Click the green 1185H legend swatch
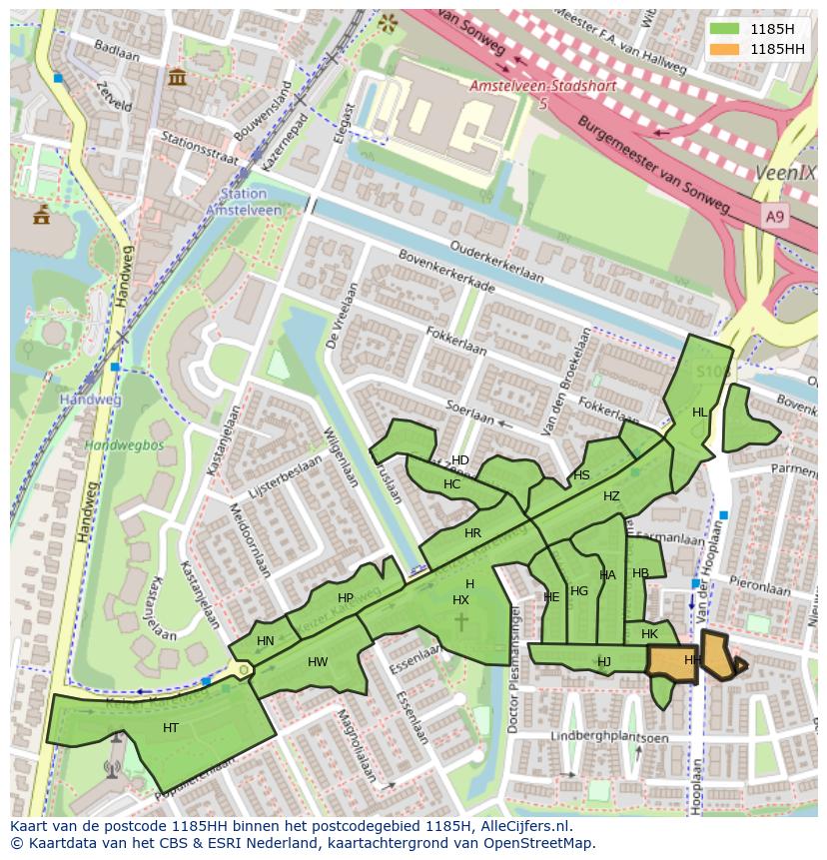click(724, 29)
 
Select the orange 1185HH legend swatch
click(724, 48)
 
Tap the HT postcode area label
click(171, 728)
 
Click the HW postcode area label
click(318, 662)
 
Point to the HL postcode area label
click(700, 413)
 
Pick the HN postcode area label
click(265, 641)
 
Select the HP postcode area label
click(346, 598)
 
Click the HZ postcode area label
click(611, 496)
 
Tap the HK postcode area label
click(650, 634)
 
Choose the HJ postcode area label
click(604, 661)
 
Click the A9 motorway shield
click(775, 216)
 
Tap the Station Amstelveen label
click(238, 202)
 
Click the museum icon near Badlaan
click(178, 77)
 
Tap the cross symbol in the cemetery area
click(461, 622)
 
